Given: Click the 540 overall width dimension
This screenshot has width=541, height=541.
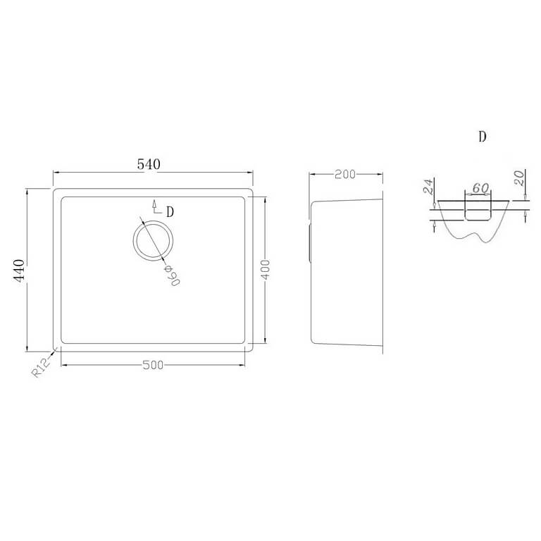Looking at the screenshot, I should pyautogui.click(x=149, y=164).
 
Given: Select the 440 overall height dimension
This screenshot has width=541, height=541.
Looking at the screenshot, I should pyautogui.click(x=20, y=269).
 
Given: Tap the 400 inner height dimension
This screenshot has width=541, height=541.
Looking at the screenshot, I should pyautogui.click(x=266, y=270).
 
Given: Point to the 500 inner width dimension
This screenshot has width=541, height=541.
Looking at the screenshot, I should pyautogui.click(x=152, y=365).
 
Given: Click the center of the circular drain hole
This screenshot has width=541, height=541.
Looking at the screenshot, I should pyautogui.click(x=153, y=240).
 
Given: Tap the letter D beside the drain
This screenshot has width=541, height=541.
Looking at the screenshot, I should pyautogui.click(x=170, y=211).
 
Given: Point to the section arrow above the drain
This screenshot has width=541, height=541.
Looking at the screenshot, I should pyautogui.click(x=154, y=205).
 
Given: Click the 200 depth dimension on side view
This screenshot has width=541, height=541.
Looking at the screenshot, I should pyautogui.click(x=344, y=175).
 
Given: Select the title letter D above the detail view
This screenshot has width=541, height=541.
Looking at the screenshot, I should pyautogui.click(x=482, y=137).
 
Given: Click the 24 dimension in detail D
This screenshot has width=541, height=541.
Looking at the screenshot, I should pyautogui.click(x=427, y=187).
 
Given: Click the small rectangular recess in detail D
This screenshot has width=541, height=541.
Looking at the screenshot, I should pyautogui.click(x=477, y=209).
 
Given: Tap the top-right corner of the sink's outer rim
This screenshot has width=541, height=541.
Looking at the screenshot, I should pyautogui.click(x=251, y=189).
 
